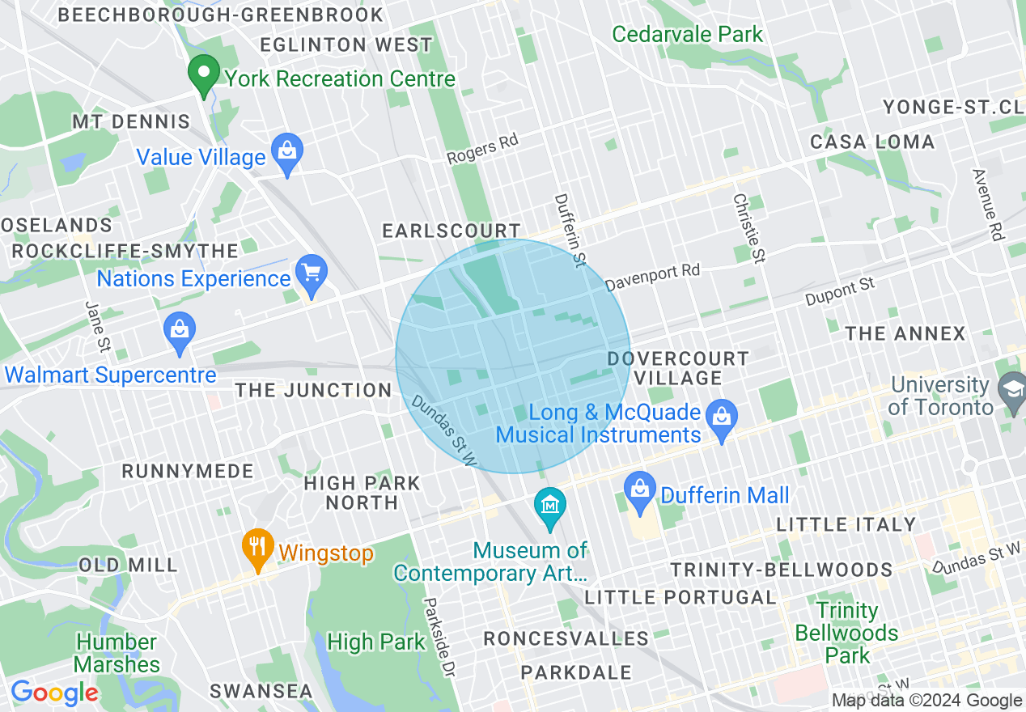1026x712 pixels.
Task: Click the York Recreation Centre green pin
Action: click(x=204, y=74)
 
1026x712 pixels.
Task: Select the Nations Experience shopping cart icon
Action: click(x=312, y=272)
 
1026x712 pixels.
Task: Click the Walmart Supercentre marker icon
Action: click(x=180, y=330)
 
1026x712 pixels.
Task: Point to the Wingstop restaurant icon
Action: click(x=257, y=546)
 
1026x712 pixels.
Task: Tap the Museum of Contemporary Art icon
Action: click(x=550, y=506)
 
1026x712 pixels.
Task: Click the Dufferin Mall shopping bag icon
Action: click(x=640, y=489)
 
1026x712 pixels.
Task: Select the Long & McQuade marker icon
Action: click(x=720, y=416)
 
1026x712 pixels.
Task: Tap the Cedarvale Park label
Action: click(x=687, y=35)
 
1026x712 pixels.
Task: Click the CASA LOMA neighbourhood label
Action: click(x=872, y=142)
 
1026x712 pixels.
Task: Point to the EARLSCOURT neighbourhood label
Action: click(x=451, y=231)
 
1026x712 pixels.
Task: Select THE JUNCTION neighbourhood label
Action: click(x=313, y=391)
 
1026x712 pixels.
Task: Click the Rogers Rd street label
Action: click(x=482, y=149)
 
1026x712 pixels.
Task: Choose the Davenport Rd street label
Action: click(x=652, y=277)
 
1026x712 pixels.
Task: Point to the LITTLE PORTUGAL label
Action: click(x=680, y=598)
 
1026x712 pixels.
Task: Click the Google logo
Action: click(x=53, y=692)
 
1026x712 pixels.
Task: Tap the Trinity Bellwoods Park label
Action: click(x=846, y=633)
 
